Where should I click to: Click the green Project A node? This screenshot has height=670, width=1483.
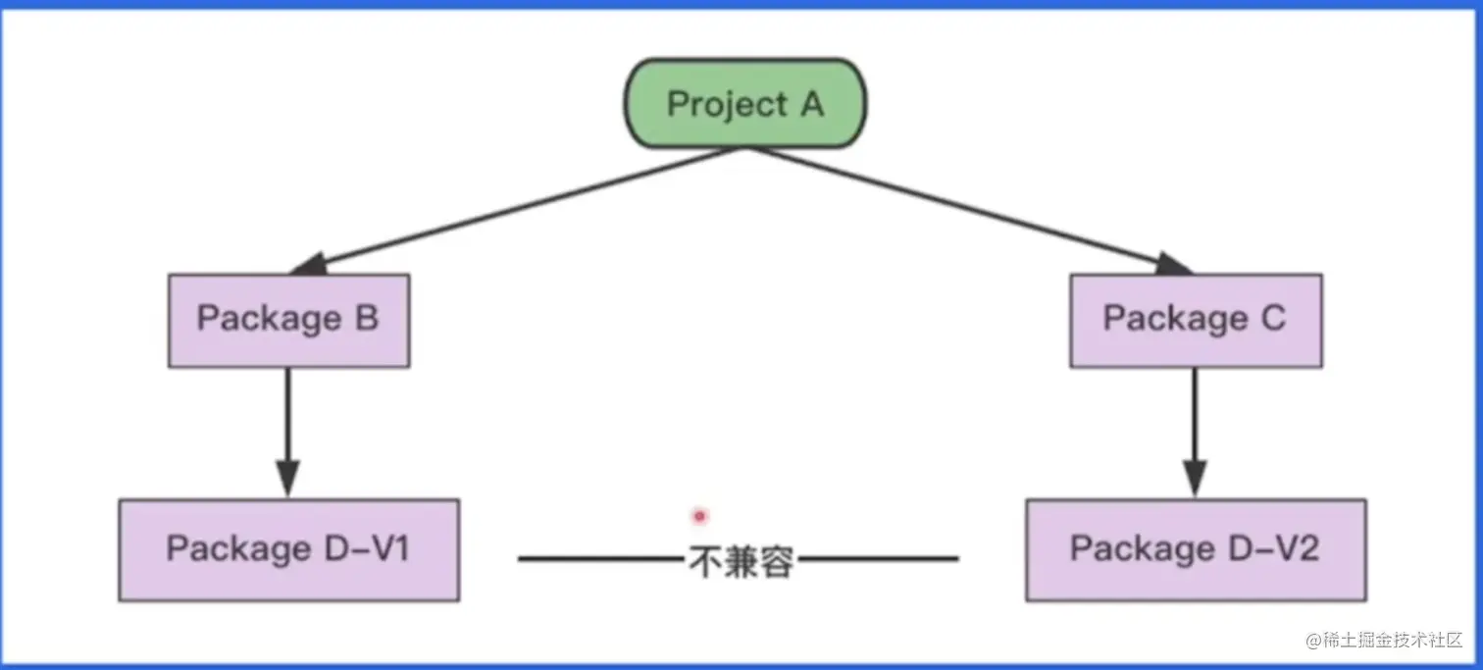coord(745,104)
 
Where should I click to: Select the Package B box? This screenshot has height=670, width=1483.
coord(288,320)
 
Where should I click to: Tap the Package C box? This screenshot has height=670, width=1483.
coord(1195,320)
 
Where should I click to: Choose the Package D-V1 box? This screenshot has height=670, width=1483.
coord(288,549)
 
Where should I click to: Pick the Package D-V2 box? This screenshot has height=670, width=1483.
coord(1195,549)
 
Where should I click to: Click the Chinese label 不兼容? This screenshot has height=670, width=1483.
coord(741,562)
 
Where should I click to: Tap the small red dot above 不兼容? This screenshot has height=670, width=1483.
coord(699,515)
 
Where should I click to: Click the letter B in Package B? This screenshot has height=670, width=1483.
coord(366,319)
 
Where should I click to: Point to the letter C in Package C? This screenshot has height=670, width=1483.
coord(1272,319)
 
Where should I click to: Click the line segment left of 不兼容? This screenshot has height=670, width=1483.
coord(600,560)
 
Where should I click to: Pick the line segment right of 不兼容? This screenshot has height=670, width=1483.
coord(878,560)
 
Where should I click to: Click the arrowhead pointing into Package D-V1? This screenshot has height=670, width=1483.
coord(287,478)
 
